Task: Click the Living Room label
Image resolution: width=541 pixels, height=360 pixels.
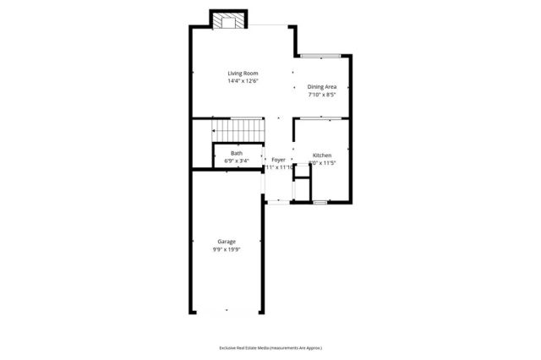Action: coord(242,74)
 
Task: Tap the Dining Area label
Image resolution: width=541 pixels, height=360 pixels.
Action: coord(322,86)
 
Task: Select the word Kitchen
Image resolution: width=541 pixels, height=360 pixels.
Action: coord(322,155)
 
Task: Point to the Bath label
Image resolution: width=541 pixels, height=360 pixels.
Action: coord(236,154)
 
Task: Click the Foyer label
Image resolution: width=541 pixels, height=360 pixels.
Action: coord(278,160)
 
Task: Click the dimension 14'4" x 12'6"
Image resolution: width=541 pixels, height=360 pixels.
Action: coord(242,81)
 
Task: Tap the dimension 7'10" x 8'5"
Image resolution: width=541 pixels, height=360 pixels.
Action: coord(322,94)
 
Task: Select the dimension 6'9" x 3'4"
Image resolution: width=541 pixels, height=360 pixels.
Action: coord(236,161)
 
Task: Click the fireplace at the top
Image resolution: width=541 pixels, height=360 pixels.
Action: coord(229,20)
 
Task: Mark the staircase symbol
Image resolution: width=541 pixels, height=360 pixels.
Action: coord(238,131)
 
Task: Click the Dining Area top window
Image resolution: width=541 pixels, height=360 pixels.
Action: coord(322,56)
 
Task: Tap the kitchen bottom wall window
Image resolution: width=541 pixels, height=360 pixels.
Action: coord(320,203)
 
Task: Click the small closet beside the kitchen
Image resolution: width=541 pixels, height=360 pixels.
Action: coord(300,181)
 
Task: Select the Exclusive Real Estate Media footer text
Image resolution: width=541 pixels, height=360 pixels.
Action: coord(245,347)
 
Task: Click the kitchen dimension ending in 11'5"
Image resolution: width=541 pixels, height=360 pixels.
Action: coord(325,163)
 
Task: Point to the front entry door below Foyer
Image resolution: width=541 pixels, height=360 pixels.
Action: coord(277,202)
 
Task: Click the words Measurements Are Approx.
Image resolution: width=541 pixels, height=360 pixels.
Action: coord(297,347)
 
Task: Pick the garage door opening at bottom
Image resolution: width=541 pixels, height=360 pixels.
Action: coord(225,313)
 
